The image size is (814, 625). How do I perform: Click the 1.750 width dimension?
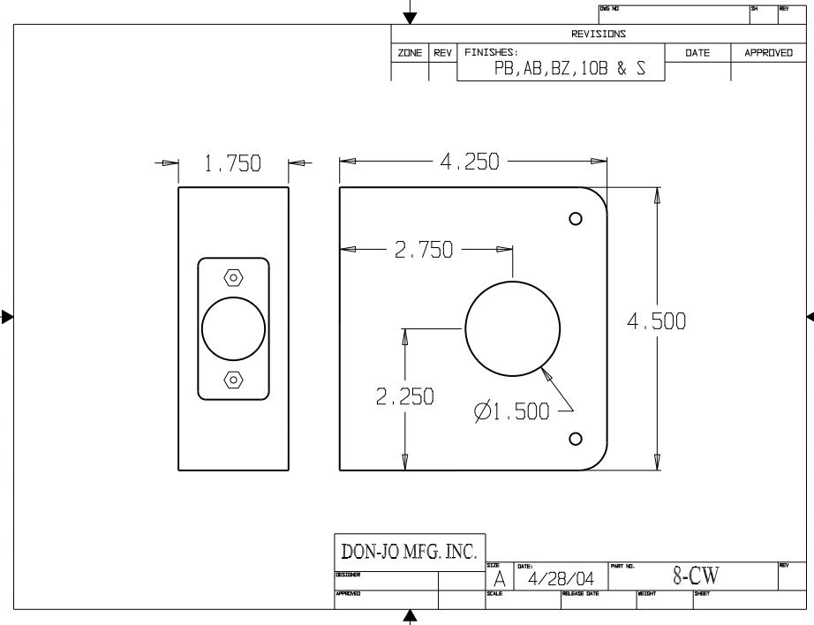pyautogui.click(x=233, y=164)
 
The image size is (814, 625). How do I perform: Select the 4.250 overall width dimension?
pyautogui.click(x=469, y=162)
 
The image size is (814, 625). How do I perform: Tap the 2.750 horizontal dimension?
pyautogui.click(x=424, y=250)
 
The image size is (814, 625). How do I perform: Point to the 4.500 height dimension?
pyautogui.click(x=656, y=322)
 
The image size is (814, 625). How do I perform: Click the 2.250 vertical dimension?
pyautogui.click(x=404, y=397)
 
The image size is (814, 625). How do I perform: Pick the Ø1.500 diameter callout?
pyautogui.click(x=511, y=411)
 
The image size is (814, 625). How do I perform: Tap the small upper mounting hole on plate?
pyautogui.click(x=576, y=219)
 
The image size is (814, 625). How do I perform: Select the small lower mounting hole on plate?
pyautogui.click(x=576, y=439)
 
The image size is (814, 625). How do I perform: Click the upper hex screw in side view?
pyautogui.click(x=233, y=277)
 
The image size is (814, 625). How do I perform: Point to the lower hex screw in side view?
pyautogui.click(x=233, y=380)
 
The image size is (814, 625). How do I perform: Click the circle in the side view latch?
pyautogui.click(x=233, y=328)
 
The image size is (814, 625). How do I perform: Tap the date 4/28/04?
pyautogui.click(x=561, y=579)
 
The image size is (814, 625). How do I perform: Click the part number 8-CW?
pyautogui.click(x=696, y=576)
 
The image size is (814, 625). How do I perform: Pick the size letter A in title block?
pyautogui.click(x=499, y=579)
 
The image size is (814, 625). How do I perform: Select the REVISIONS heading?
pyautogui.click(x=598, y=34)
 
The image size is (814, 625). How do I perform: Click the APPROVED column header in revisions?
pyautogui.click(x=768, y=53)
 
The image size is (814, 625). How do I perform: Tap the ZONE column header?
pyautogui.click(x=410, y=53)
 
